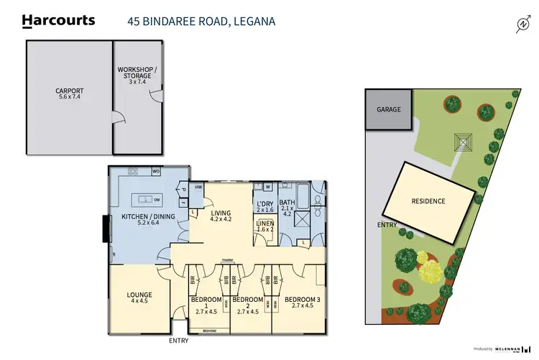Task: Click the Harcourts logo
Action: pyautogui.click(x=59, y=20)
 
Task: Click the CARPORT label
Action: pyautogui.click(x=70, y=95)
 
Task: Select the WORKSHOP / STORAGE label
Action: pyautogui.click(x=134, y=75)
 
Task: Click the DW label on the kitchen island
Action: pyautogui.click(x=156, y=199)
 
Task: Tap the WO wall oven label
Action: pyautogui.click(x=156, y=172)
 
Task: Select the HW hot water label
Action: pyautogui.click(x=198, y=187)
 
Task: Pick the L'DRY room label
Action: pyautogui.click(x=265, y=208)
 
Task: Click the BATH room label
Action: pyautogui.click(x=287, y=208)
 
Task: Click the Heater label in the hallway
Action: pyautogui.click(x=229, y=261)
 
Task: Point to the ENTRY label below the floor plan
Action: pyautogui.click(x=179, y=341)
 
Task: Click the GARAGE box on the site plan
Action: pyautogui.click(x=388, y=109)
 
